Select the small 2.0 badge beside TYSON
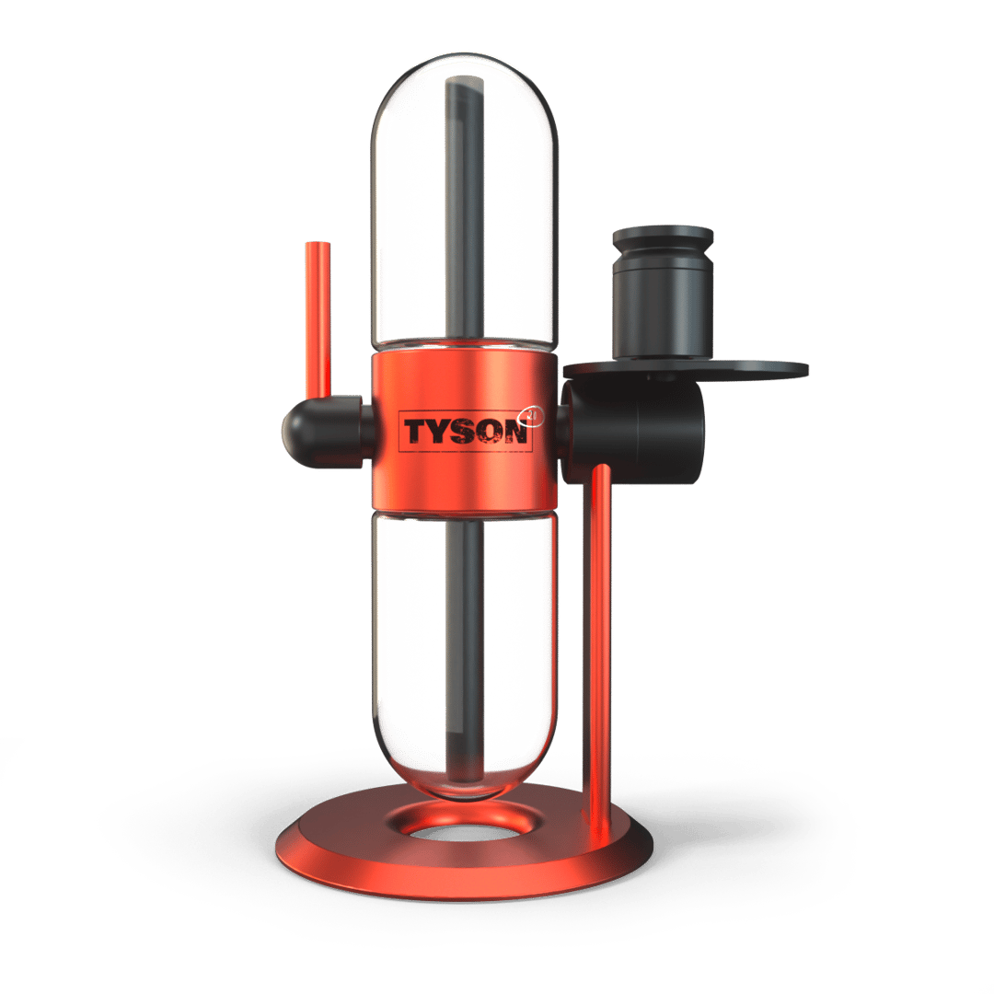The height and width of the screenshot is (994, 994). click(535, 416)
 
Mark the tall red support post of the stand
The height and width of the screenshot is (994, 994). click(596, 626)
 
